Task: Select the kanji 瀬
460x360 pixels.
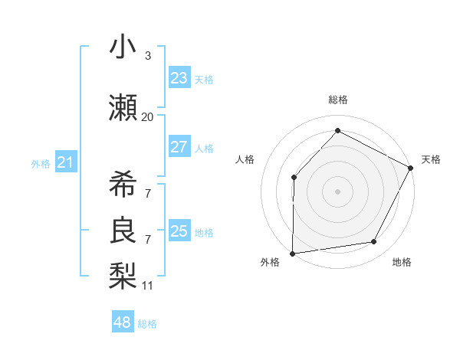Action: pyautogui.click(x=123, y=108)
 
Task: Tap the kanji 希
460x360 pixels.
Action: pyautogui.click(x=123, y=183)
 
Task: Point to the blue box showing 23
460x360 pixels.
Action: pyautogui.click(x=179, y=78)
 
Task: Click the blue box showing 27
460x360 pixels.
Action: pyautogui.click(x=179, y=147)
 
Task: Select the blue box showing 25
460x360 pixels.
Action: pyautogui.click(x=179, y=231)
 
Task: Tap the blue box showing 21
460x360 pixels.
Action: pyautogui.click(x=65, y=162)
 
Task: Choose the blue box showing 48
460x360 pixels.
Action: pyautogui.click(x=122, y=322)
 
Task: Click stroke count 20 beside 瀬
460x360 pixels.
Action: pyautogui.click(x=147, y=117)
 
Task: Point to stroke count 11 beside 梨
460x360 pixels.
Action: pyautogui.click(x=147, y=286)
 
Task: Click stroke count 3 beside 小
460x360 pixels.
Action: pyautogui.click(x=147, y=56)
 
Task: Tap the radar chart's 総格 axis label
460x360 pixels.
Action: pyautogui.click(x=337, y=100)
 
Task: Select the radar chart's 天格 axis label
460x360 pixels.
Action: pyautogui.click(x=431, y=159)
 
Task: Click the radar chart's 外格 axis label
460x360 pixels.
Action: pyautogui.click(x=270, y=262)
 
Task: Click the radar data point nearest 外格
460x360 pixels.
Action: pyautogui.click(x=292, y=253)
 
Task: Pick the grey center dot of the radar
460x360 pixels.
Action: pyautogui.click(x=337, y=191)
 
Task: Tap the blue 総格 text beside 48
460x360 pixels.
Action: pyautogui.click(x=147, y=324)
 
